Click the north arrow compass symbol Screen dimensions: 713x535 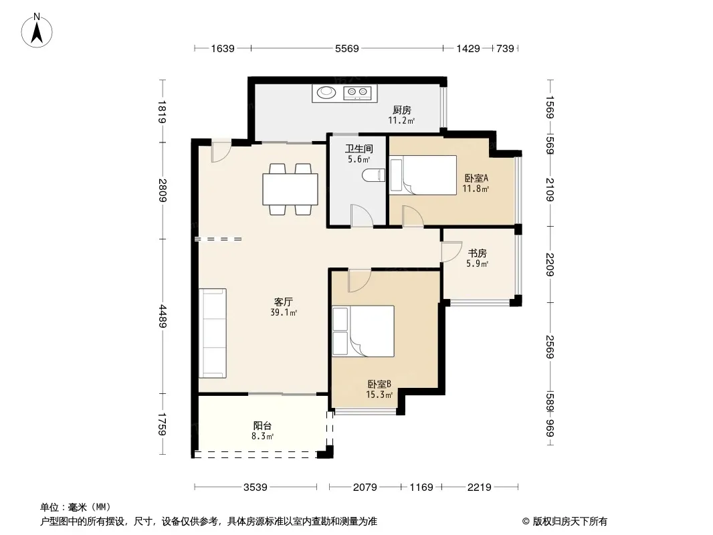[x=37, y=31]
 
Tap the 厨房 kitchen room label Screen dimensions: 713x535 [x=402, y=110]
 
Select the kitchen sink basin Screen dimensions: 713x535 [x=326, y=92]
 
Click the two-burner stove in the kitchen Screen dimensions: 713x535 [x=357, y=93]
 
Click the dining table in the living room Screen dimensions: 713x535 [x=290, y=189]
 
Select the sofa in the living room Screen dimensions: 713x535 [x=212, y=333]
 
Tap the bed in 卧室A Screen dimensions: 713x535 [x=423, y=175]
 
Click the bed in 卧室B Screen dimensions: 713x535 [x=363, y=331]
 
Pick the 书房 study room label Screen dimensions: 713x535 [x=478, y=253]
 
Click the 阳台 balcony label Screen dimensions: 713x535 [x=262, y=426]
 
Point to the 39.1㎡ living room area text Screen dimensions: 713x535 [x=284, y=313]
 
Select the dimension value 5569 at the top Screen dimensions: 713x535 [x=347, y=49]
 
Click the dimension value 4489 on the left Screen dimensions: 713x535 [x=163, y=316]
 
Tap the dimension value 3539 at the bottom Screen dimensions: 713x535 [x=255, y=488]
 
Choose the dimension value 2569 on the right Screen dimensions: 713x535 [x=550, y=347]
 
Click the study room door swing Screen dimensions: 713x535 [x=451, y=251]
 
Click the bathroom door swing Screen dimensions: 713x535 [x=362, y=216]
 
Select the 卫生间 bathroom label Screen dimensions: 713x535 [x=359, y=148]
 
